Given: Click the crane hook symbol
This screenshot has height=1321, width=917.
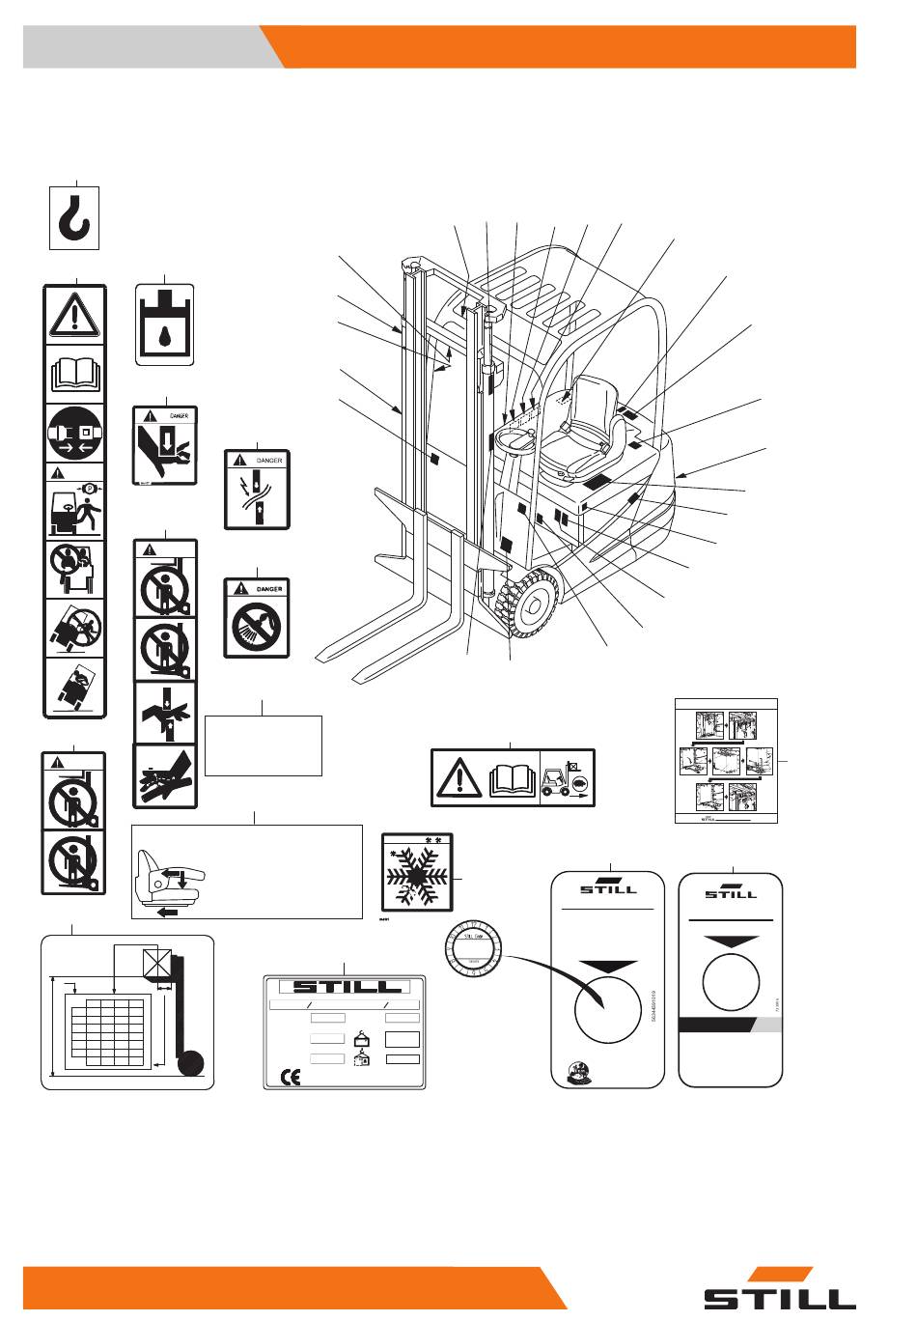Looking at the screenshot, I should click(74, 217).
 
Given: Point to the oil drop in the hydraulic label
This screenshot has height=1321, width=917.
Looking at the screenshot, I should click(165, 336).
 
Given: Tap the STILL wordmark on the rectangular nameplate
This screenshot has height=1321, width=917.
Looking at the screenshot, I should click(345, 987).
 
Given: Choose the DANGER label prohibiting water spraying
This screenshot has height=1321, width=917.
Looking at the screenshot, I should click(257, 618).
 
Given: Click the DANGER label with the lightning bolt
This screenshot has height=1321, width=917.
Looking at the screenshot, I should click(257, 489).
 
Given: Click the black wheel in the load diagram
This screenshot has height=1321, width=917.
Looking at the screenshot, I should click(191, 1064).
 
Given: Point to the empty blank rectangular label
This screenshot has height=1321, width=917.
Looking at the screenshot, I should click(264, 745).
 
